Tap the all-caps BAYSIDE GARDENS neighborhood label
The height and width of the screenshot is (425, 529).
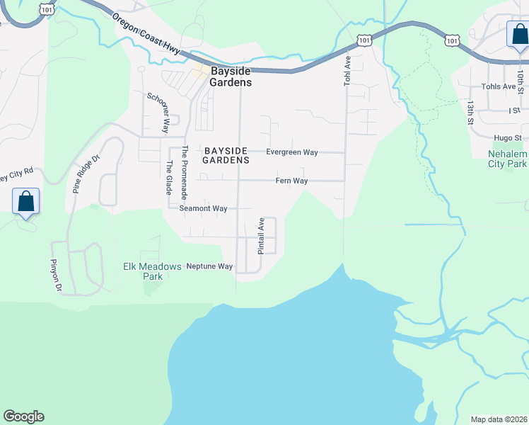226,156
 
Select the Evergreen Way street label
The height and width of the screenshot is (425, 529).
291,152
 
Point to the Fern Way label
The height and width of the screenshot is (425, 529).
291,181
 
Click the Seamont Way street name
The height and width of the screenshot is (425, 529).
203,209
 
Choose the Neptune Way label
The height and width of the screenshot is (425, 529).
209,266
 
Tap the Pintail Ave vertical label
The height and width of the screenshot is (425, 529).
261,236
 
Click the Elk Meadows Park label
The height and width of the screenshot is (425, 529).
152,271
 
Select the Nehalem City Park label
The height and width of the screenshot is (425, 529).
508,159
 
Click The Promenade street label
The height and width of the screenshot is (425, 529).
185,172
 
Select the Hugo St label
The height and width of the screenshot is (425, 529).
508,138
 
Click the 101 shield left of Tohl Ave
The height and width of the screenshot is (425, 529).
364,40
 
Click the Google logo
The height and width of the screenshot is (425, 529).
23,416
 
